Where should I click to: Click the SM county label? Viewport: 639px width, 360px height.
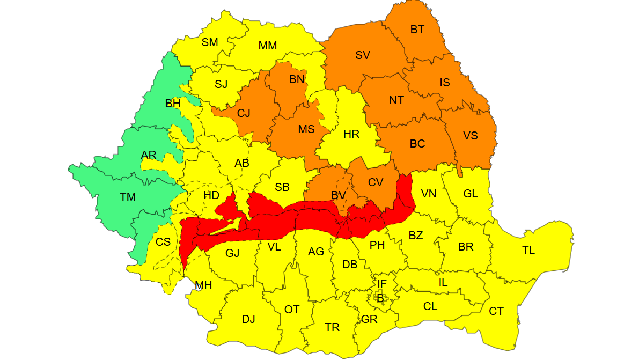click(210, 42)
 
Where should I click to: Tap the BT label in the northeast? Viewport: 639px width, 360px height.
click(417, 30)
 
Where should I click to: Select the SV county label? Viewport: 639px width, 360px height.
click(363, 55)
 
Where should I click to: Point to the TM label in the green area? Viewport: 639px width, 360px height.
click(128, 197)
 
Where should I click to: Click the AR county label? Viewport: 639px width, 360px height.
click(149, 155)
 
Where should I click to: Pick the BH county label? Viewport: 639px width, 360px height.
click(172, 104)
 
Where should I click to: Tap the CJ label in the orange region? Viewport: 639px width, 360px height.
click(244, 113)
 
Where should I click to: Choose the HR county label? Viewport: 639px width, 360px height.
click(351, 134)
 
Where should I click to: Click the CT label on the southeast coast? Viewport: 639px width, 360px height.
click(496, 311)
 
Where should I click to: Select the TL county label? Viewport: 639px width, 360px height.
click(528, 250)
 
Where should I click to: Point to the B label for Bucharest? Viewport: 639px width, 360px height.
click(380, 298)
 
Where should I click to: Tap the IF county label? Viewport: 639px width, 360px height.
click(382, 283)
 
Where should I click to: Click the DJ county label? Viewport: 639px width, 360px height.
click(248, 319)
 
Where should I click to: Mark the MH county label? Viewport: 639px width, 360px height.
click(203, 285)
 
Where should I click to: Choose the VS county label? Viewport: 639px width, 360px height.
click(471, 136)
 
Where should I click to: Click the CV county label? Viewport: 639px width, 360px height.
click(376, 182)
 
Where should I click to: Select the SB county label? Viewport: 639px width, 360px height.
click(282, 187)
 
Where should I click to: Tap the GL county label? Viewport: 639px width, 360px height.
click(471, 194)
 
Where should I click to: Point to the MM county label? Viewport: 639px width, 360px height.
click(268, 46)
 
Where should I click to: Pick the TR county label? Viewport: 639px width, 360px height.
click(332, 327)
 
